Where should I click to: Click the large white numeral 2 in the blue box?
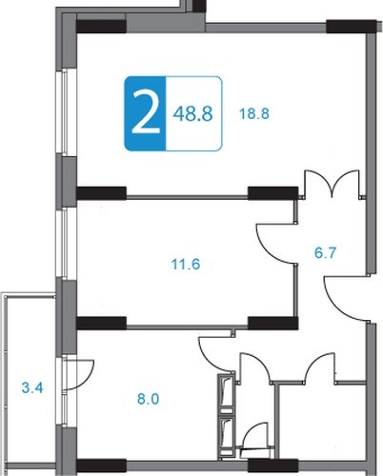[146, 111]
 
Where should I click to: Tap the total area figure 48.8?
[192, 114]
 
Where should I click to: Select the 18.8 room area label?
[254, 113]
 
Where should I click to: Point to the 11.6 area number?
[186, 264]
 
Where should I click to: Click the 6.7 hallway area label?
[325, 253]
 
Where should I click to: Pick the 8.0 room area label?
[149, 399]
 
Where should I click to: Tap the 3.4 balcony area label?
[32, 387]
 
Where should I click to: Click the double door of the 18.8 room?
[333, 183]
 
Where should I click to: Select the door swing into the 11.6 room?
[275, 244]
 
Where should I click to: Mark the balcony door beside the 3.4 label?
[79, 374]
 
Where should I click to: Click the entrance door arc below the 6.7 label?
[345, 299]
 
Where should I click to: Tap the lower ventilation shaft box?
[226, 432]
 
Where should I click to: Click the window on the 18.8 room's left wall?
[66, 111]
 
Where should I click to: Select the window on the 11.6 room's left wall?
[66, 243]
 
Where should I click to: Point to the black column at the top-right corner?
[352, 27]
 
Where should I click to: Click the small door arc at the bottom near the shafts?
[254, 436]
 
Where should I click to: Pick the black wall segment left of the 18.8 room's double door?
[272, 193]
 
